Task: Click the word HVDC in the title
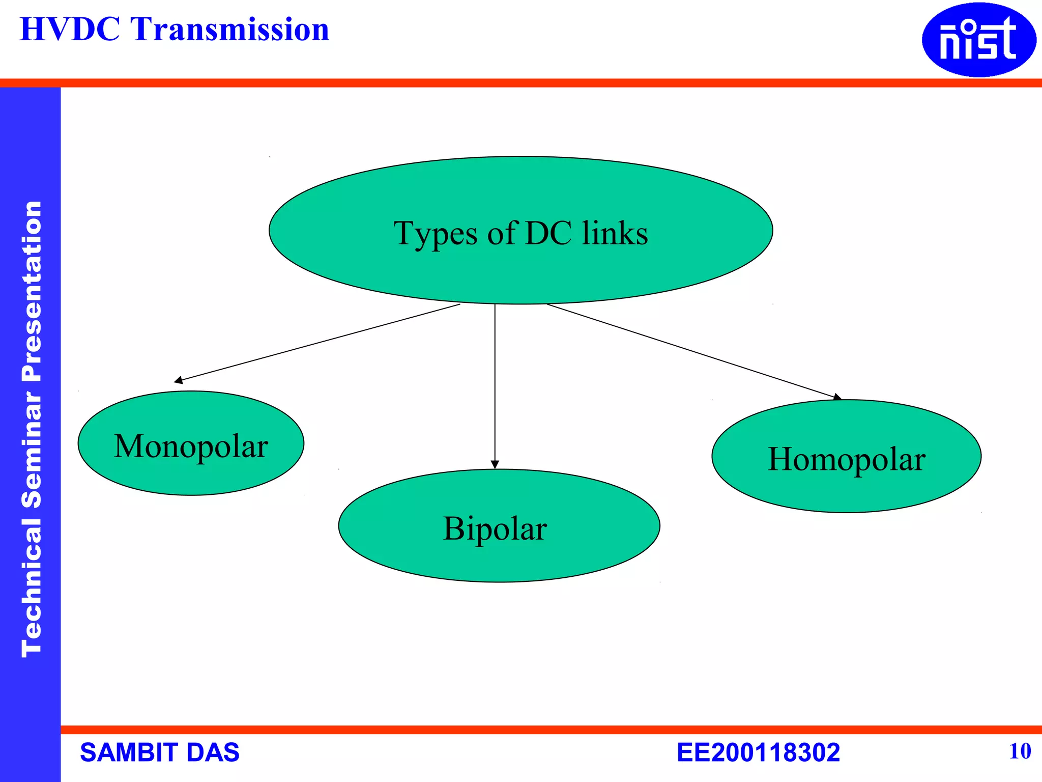[70, 30]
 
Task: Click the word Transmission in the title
[230, 30]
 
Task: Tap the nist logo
[978, 40]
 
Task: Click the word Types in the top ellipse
[436, 234]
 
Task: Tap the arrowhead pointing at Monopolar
[179, 380]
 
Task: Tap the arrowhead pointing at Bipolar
[495, 464]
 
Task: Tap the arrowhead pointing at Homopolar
[837, 397]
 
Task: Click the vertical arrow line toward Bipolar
[495, 382]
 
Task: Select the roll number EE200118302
[758, 752]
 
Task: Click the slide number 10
[1020, 751]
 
